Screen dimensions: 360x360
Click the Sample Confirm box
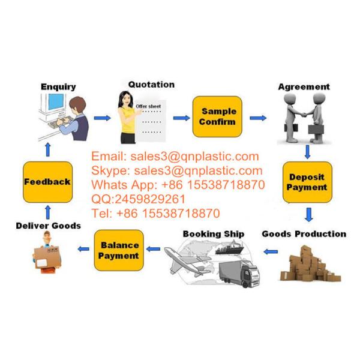pyautogui.click(x=217, y=116)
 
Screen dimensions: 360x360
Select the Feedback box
pyautogui.click(x=48, y=182)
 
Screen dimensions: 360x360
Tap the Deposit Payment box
pyautogui.click(x=307, y=182)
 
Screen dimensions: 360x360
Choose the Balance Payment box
pyautogui.click(x=119, y=250)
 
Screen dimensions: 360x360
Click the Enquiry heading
pyautogui.click(x=58, y=87)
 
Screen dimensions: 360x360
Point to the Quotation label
pyautogui.click(x=151, y=85)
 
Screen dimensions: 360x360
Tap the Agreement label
pyautogui.click(x=304, y=87)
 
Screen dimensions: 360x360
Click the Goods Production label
pyautogui.click(x=304, y=234)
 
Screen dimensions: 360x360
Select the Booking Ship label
pyautogui.click(x=214, y=234)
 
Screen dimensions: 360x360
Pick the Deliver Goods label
pyautogui.click(x=49, y=226)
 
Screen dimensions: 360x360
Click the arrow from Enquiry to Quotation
pyautogui.click(x=103, y=118)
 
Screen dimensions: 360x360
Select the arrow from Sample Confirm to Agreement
pyautogui.click(x=258, y=118)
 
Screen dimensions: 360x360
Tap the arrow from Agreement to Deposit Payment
pyautogui.click(x=307, y=152)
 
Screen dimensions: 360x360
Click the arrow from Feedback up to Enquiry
pyautogui.click(x=48, y=149)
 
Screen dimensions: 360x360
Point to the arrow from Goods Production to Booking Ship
pyautogui.click(x=271, y=252)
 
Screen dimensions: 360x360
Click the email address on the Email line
pyautogui.click(x=194, y=157)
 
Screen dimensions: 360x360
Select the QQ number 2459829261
pyautogui.click(x=150, y=199)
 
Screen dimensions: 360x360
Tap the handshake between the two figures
pyautogui.click(x=303, y=114)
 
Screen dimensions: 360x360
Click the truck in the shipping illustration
pyautogui.click(x=239, y=274)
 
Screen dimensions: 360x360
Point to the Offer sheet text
pyautogui.click(x=148, y=106)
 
